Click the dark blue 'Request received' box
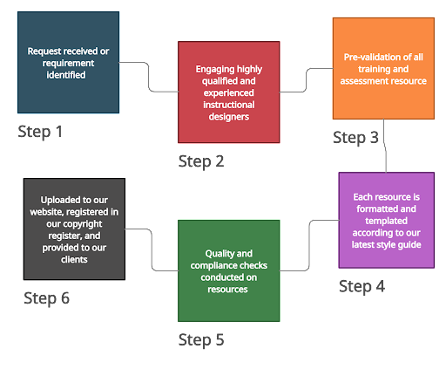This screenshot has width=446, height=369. coord(68,62)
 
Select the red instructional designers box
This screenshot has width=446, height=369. coord(229,92)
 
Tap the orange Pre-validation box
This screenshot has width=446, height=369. coord(383,68)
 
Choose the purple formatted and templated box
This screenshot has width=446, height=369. coord(386,220)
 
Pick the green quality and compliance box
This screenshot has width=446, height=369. coord(229,270)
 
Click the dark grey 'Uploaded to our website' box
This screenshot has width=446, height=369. coord(74,229)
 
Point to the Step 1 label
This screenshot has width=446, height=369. coord(40,132)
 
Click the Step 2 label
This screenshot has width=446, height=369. coord(201,161)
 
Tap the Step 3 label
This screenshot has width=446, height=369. coord(355,138)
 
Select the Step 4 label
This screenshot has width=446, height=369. coord(362,287)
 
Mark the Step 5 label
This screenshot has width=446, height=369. coord(201,340)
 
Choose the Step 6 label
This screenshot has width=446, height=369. coord(46,298)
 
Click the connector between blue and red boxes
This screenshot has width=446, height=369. coord(149,77)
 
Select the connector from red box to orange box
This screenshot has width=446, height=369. coord(306,80)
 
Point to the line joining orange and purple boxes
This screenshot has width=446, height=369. coord(385,146)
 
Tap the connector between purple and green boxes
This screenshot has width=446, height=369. coord(309,245)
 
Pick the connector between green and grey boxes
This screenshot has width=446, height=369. coord(152,249)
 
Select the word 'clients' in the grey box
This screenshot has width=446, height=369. coord(74,259)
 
